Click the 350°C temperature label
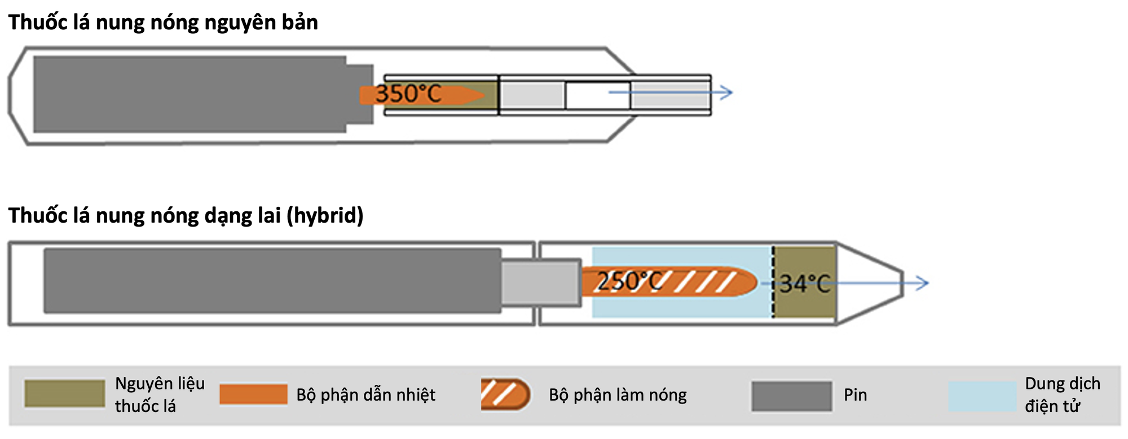coord(408,94)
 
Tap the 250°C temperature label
coord(629,281)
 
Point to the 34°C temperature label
coord(805,283)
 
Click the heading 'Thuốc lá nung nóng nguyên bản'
coord(163,23)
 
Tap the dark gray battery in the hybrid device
coord(272,281)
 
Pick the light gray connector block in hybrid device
coord(541,283)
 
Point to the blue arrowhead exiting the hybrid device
coord(923,283)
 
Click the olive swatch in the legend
coord(64,393)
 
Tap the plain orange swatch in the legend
coord(253,394)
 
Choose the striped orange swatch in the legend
coord(505,394)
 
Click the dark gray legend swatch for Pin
coord(791,396)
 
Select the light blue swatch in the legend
coord(982,396)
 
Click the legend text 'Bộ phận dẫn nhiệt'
coord(365,395)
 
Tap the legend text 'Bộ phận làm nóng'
coord(618,395)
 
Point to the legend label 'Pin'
coord(855,395)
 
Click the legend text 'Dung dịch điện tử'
coord(1062,394)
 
